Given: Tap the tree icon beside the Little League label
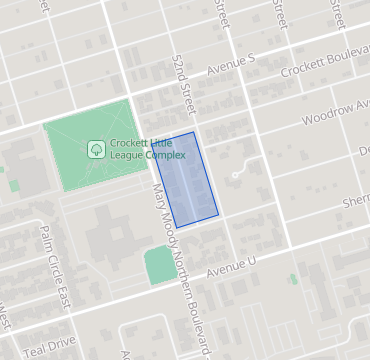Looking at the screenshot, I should (x=96, y=149).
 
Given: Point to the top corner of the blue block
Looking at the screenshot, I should (x=192, y=131).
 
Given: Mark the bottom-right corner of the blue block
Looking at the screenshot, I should (x=219, y=212).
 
